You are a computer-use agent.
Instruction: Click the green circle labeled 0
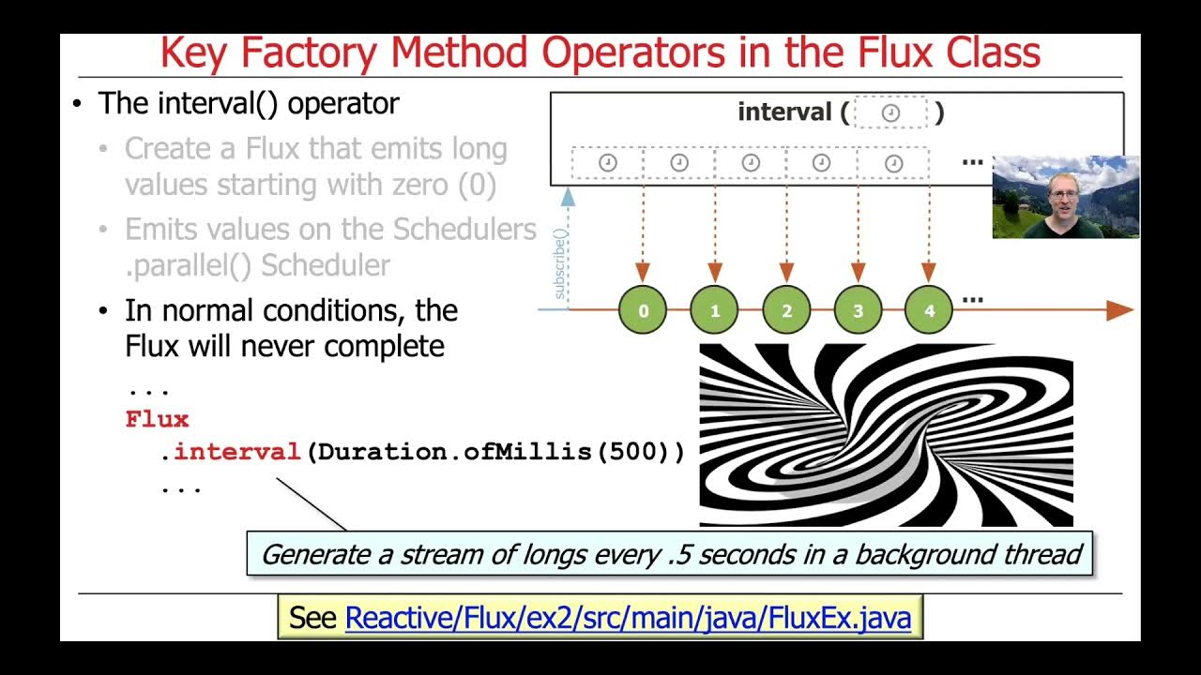click(x=643, y=310)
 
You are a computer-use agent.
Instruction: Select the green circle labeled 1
click(x=715, y=310)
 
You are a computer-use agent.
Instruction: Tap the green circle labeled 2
click(x=786, y=310)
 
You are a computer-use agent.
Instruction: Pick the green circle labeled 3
click(x=858, y=310)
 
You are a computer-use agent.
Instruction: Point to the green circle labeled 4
click(x=929, y=310)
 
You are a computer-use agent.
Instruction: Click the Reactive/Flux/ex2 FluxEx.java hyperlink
click(x=628, y=618)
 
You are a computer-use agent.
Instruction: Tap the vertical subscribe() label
click(x=561, y=263)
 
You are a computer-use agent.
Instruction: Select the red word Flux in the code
click(x=157, y=419)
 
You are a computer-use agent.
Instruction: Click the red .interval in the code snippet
click(x=231, y=452)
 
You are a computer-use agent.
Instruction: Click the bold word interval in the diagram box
click(x=784, y=112)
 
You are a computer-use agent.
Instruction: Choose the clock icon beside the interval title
click(x=890, y=113)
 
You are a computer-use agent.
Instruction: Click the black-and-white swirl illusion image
click(x=886, y=435)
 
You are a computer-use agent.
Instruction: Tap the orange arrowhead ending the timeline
click(x=1119, y=310)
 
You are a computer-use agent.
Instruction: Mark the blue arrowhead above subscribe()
click(x=567, y=195)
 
